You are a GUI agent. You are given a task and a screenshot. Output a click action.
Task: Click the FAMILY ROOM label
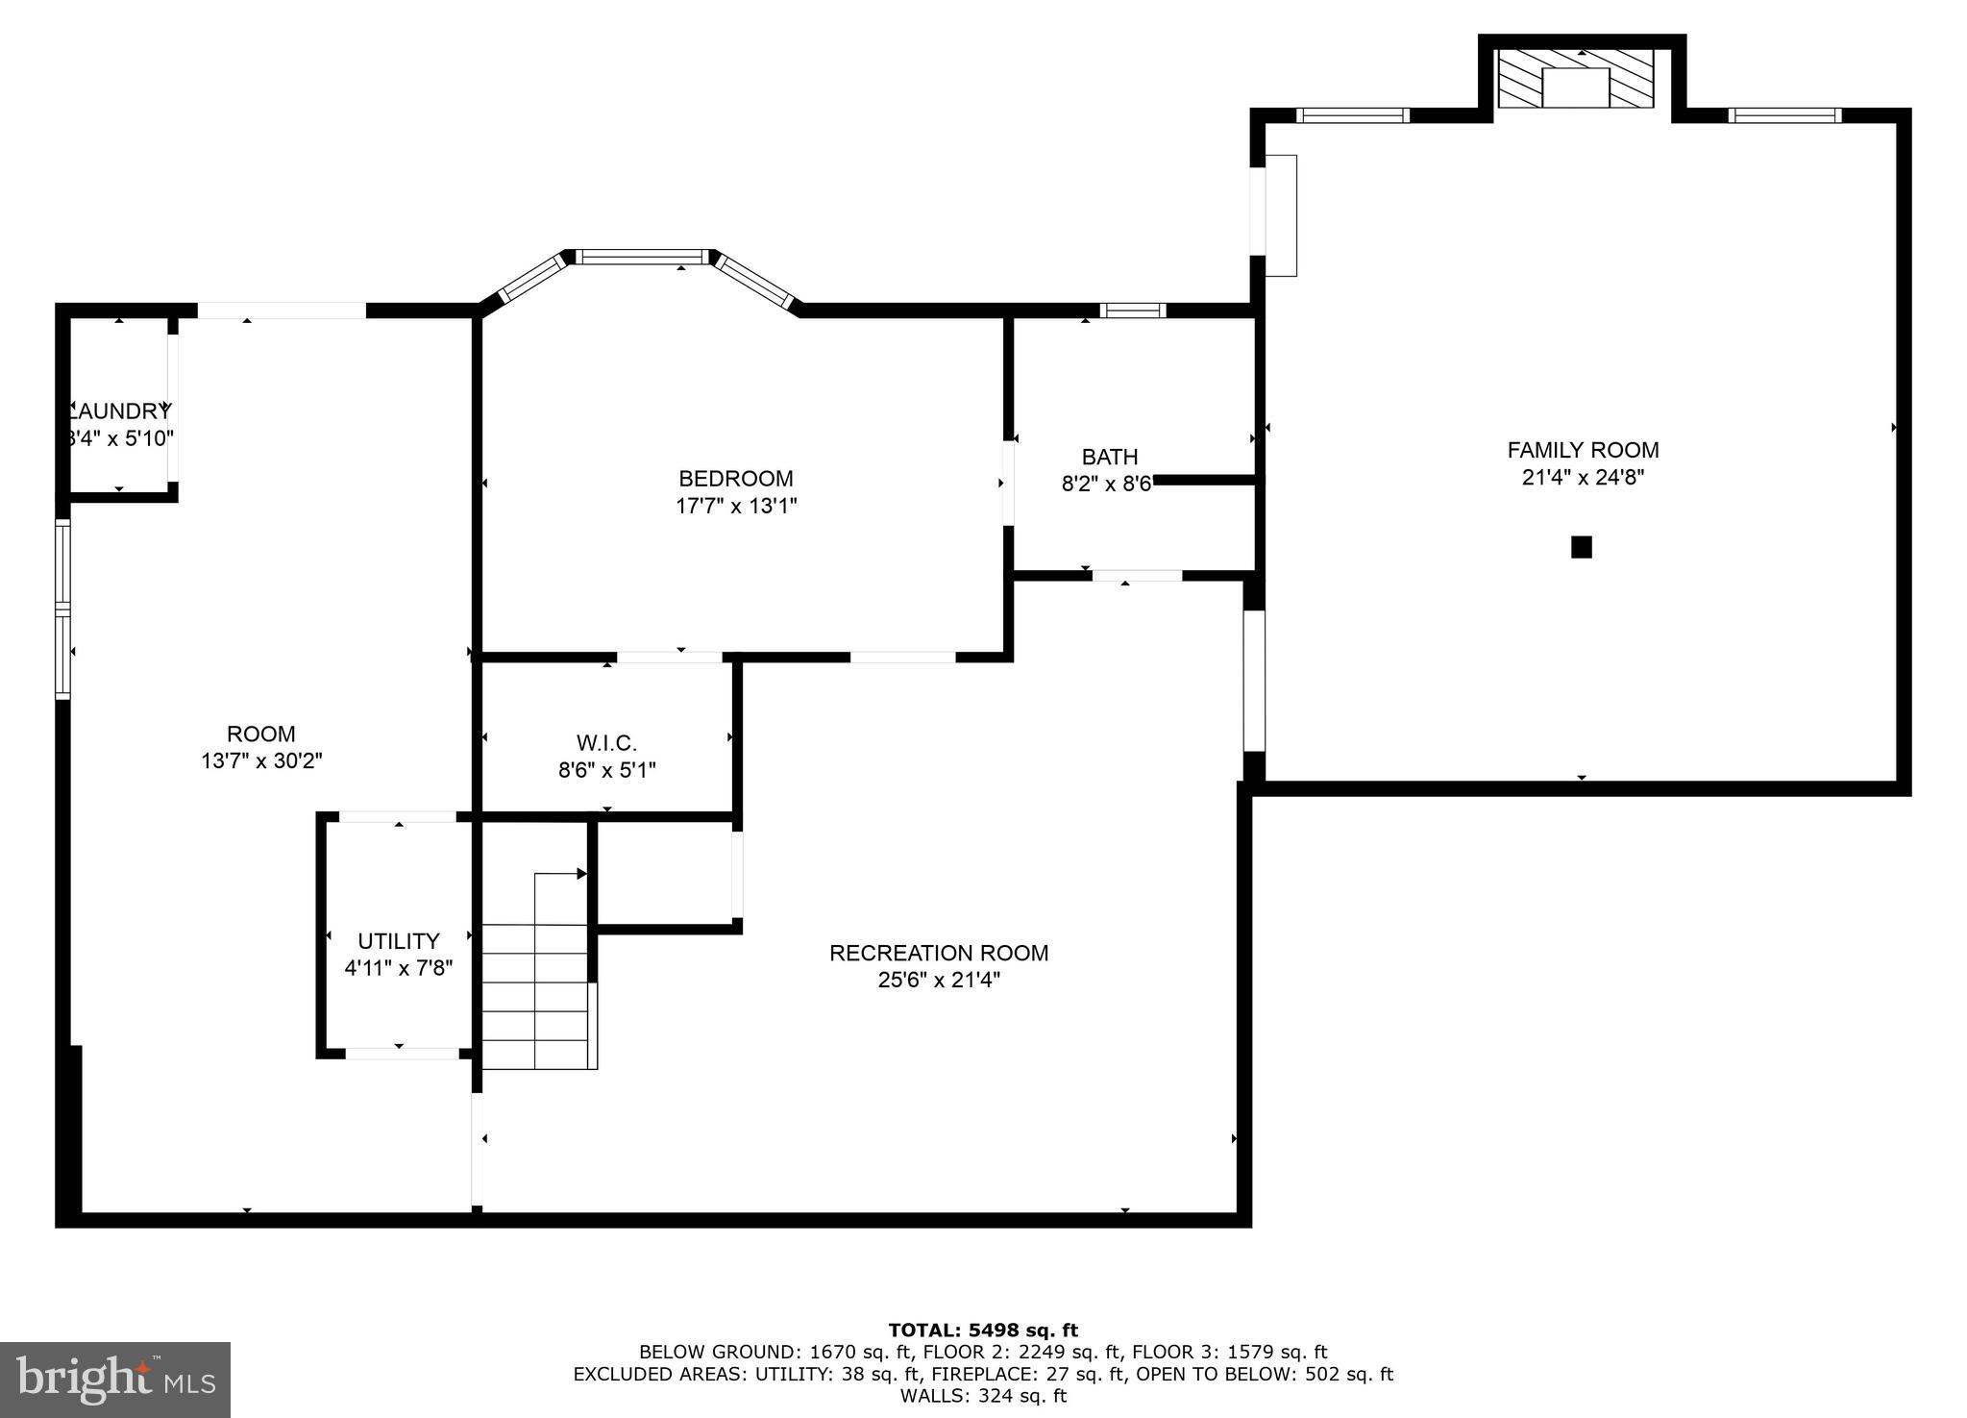tap(1582, 450)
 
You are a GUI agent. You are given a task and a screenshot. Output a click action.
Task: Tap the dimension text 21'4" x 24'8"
tap(1582, 478)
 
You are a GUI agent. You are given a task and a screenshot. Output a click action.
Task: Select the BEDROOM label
tap(736, 479)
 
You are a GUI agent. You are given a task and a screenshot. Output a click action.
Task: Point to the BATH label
tap(1109, 457)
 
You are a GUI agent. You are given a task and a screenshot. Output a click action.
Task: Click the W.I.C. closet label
tap(606, 743)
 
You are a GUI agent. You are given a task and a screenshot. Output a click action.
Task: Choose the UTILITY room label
tap(398, 941)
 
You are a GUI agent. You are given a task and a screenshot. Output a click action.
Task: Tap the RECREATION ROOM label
tap(938, 953)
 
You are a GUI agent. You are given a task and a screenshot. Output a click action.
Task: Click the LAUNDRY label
tap(119, 411)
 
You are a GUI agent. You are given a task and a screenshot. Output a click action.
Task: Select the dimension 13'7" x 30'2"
tap(261, 761)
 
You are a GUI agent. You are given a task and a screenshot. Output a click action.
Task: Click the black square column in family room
tap(1581, 547)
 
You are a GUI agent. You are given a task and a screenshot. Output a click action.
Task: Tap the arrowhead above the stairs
tap(580, 874)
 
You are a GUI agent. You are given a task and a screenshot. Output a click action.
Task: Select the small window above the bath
tap(1132, 311)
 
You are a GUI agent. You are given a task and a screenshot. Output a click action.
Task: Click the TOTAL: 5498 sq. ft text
tap(982, 1331)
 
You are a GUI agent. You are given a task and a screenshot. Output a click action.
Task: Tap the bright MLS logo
tap(115, 1381)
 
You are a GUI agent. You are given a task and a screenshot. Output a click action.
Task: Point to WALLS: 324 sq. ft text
tap(982, 1396)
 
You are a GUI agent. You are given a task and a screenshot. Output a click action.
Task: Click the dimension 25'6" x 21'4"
tap(938, 981)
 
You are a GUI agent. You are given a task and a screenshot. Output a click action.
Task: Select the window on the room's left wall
tap(63, 609)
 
